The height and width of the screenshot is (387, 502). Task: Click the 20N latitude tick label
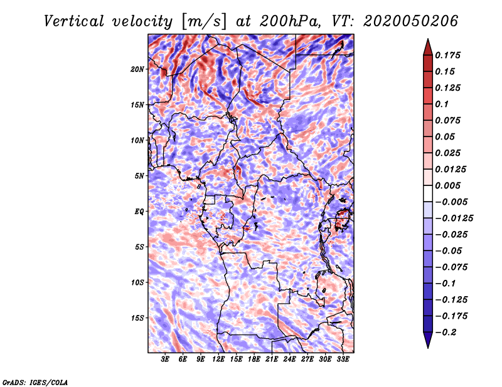click(x=137, y=70)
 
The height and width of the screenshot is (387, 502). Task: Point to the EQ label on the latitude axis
click(x=139, y=212)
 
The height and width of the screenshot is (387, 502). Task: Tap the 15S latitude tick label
click(x=137, y=318)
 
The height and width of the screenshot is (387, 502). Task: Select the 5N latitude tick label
click(x=139, y=176)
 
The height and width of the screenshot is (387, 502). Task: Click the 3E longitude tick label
click(x=165, y=359)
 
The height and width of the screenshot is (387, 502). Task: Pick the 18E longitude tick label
click(x=254, y=359)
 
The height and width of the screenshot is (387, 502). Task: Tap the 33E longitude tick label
click(x=343, y=359)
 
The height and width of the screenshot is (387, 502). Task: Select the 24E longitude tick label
click(x=289, y=359)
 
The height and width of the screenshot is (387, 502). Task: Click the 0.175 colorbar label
click(x=447, y=55)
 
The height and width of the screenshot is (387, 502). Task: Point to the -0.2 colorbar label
click(x=446, y=333)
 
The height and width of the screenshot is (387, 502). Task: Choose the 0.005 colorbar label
click(x=447, y=185)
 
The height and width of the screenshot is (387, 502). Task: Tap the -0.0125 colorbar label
click(x=454, y=219)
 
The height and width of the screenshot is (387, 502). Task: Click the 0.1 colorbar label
click(x=442, y=104)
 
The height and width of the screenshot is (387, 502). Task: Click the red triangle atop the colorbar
click(x=428, y=47)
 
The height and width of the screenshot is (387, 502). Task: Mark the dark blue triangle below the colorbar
click(x=428, y=340)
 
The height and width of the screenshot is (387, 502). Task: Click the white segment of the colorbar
click(x=428, y=194)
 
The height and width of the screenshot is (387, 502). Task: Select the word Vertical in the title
click(x=74, y=21)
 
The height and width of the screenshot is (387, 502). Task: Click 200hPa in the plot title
click(x=290, y=21)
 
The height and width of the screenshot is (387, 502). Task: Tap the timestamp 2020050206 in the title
click(x=411, y=21)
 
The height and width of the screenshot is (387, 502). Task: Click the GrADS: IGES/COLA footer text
click(x=35, y=382)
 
